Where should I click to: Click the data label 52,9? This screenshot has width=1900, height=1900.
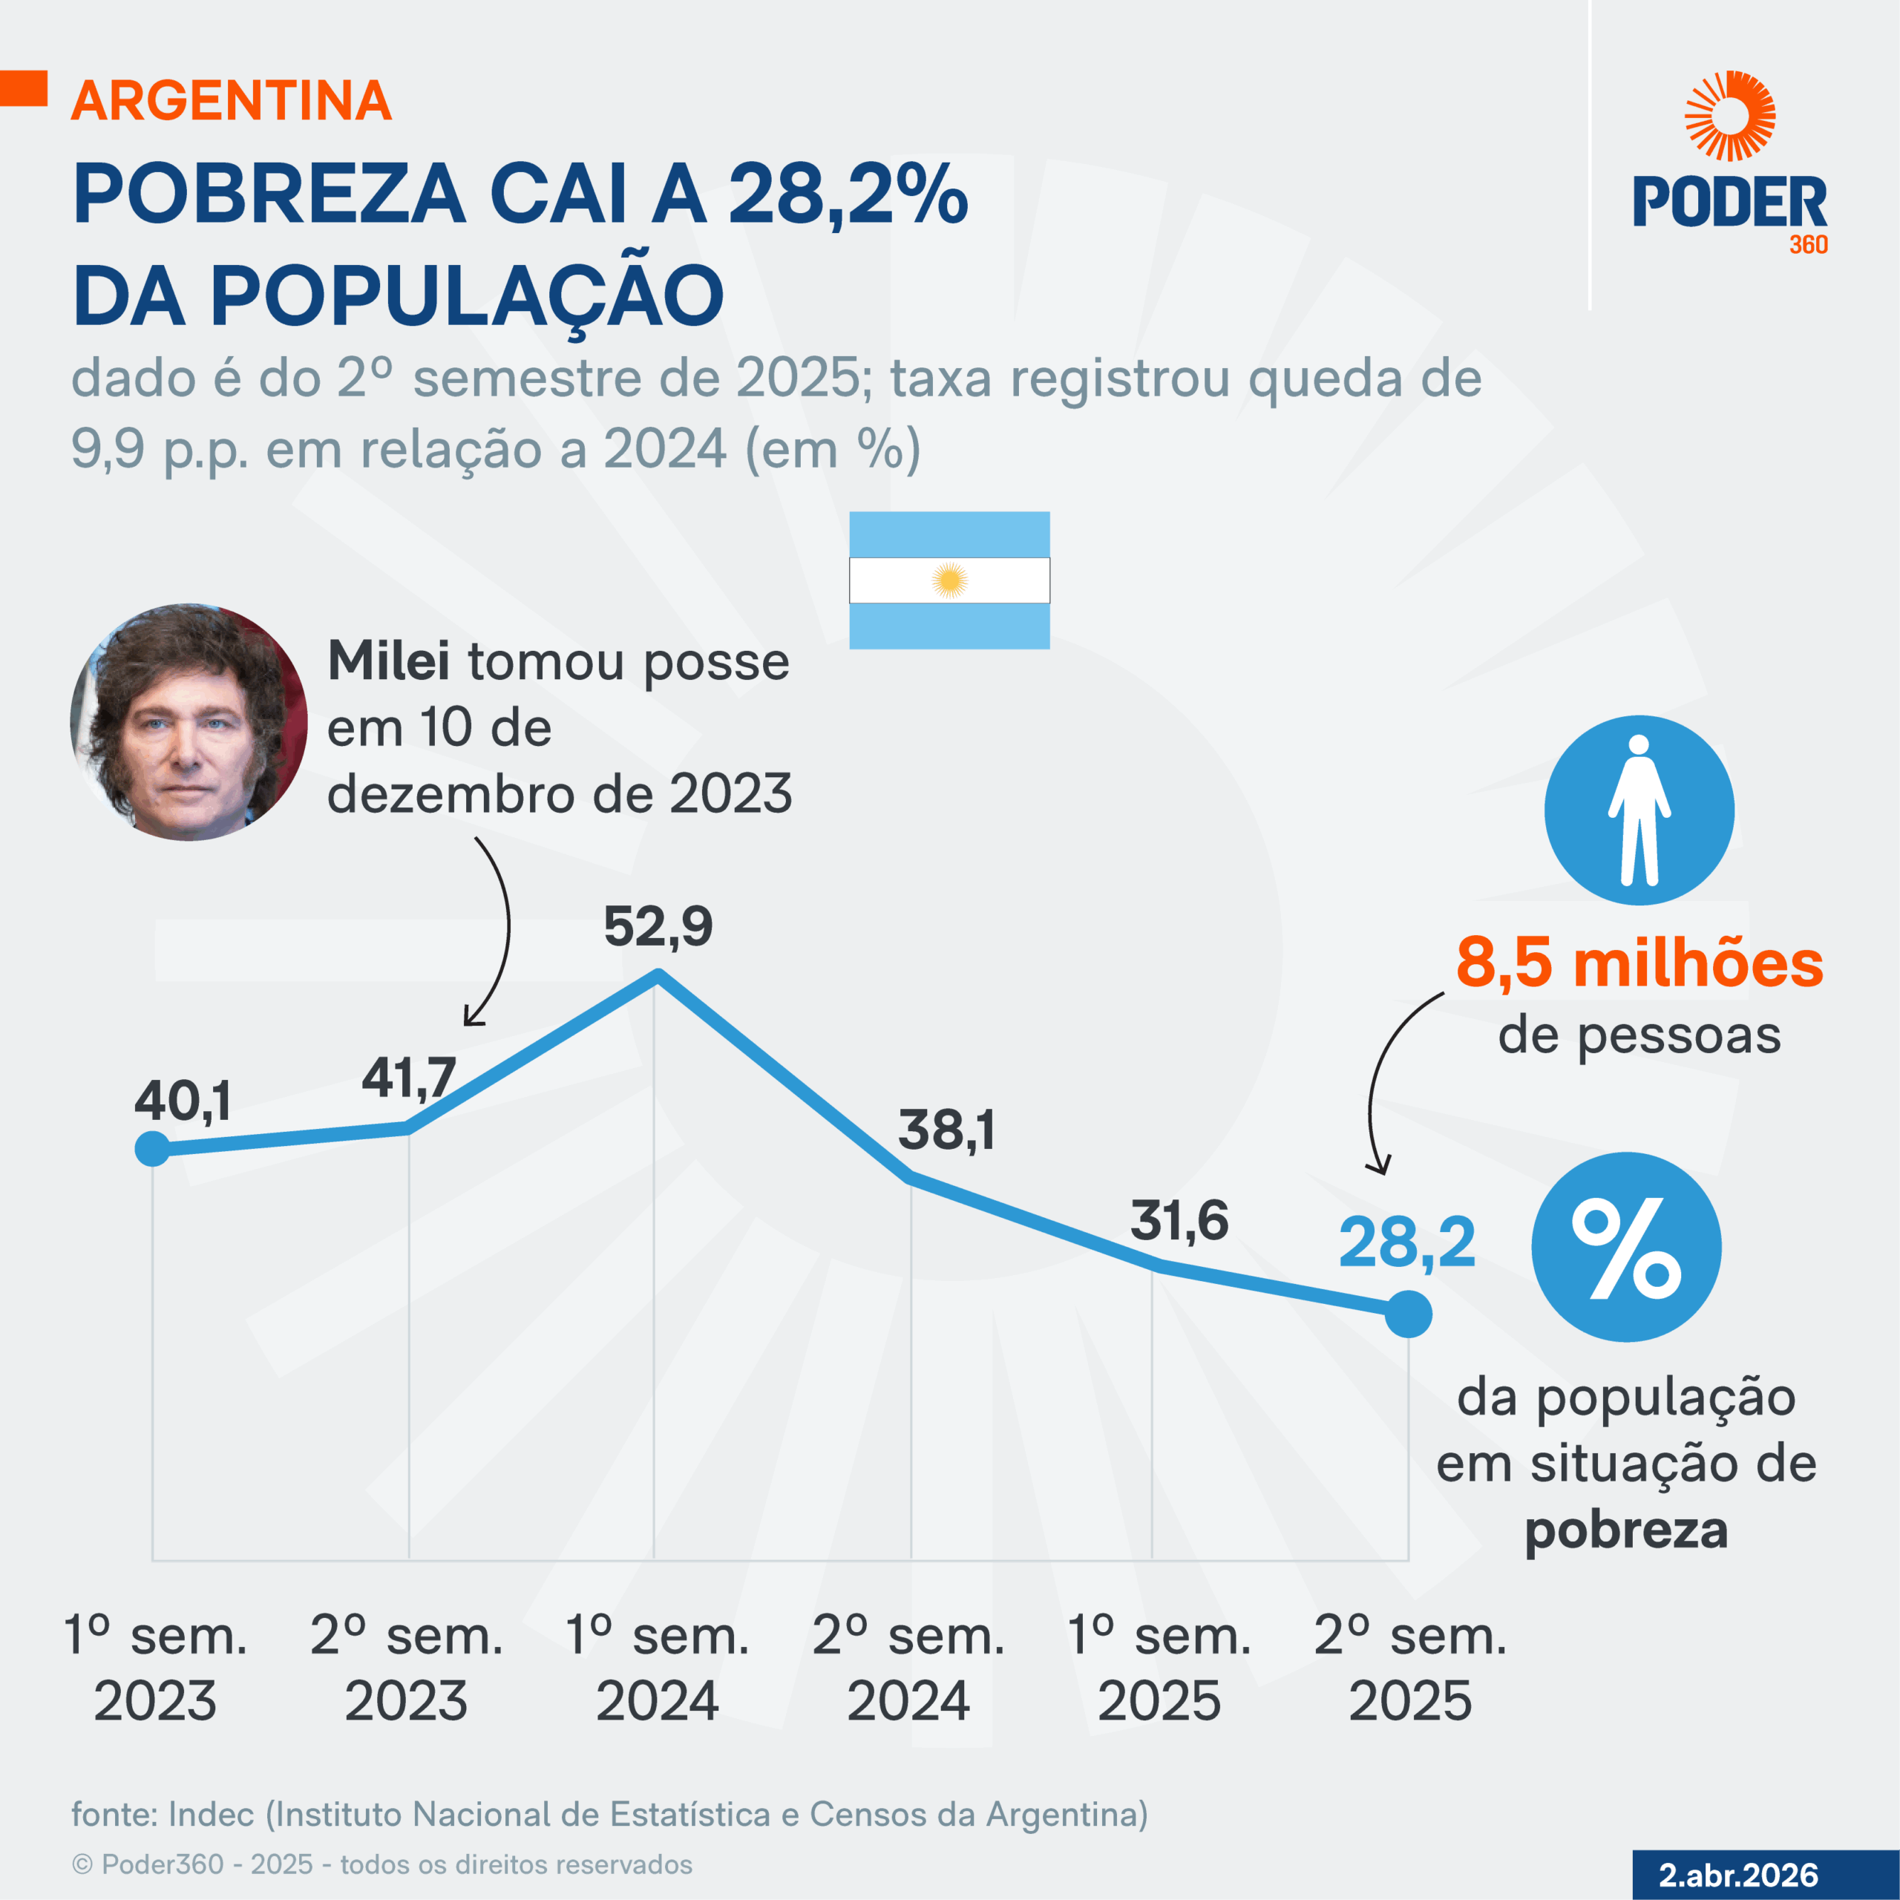point(658,926)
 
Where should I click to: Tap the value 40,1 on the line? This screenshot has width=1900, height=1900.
point(183,1101)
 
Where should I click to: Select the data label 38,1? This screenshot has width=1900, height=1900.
point(946,1129)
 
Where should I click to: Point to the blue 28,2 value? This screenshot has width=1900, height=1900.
point(1406,1243)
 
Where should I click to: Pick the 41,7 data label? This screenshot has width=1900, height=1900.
point(408,1078)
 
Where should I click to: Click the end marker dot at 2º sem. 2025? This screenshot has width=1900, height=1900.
point(1408,1314)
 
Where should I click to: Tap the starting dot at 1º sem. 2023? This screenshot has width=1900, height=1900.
point(152,1149)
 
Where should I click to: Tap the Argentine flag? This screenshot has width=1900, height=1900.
point(949,580)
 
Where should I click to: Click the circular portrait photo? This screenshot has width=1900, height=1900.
point(189,722)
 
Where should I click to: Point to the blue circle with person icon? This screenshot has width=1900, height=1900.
point(1639,810)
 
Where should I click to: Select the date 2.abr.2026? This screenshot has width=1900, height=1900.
point(1737,1875)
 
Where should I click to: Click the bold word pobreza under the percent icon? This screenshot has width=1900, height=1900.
point(1625,1530)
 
